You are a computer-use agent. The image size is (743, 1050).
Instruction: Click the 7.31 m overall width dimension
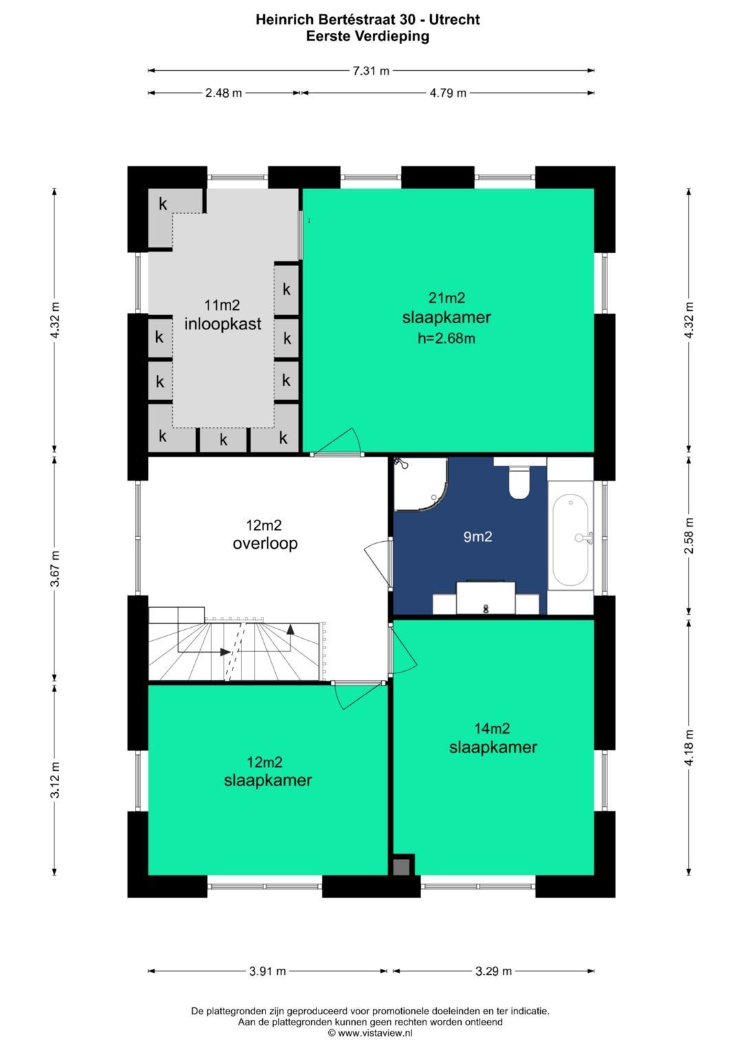pyautogui.click(x=371, y=71)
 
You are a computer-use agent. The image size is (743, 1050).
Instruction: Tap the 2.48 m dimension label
pyautogui.click(x=224, y=93)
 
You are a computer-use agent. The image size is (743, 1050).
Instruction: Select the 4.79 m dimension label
pyautogui.click(x=448, y=93)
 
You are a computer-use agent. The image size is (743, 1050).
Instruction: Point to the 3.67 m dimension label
pyautogui.click(x=55, y=568)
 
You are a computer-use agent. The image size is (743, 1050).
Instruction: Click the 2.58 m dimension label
pyautogui.click(x=689, y=535)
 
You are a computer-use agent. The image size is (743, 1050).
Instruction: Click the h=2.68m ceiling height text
pyautogui.click(x=446, y=338)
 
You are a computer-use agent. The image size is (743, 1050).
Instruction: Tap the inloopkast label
pyautogui.click(x=222, y=323)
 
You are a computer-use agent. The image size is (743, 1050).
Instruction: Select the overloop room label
pyautogui.click(x=265, y=543)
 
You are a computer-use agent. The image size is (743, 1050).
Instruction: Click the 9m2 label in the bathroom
pyautogui.click(x=477, y=536)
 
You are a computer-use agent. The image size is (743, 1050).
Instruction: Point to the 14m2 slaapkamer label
pyautogui.click(x=493, y=737)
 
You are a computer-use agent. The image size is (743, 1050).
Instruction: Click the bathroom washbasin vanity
pyautogui.click(x=486, y=598)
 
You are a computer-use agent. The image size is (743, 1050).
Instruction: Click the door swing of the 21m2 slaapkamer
pyautogui.click(x=338, y=441)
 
